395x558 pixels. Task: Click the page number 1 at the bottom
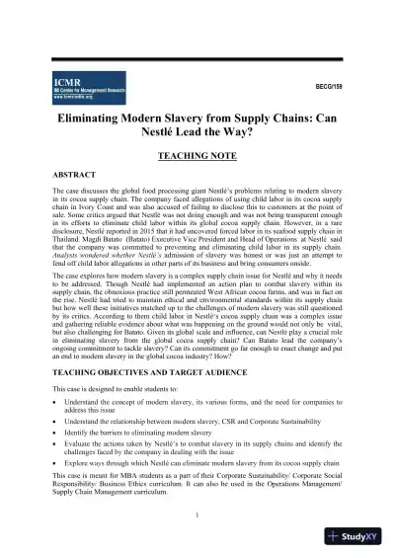(197, 514)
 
